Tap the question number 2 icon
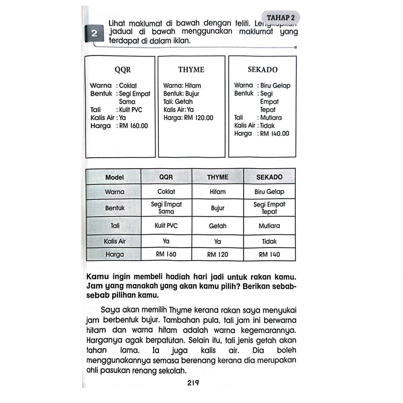tap(94, 34)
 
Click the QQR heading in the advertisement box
tap(123, 70)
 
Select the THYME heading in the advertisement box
tap(191, 70)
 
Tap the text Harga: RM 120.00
tap(188, 117)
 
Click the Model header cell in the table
tap(114, 177)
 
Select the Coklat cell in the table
tap(166, 192)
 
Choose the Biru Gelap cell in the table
tap(269, 192)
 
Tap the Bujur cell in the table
tap(218, 207)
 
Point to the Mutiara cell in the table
tap(269, 226)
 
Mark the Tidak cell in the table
tap(269, 242)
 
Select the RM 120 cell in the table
tap(218, 254)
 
